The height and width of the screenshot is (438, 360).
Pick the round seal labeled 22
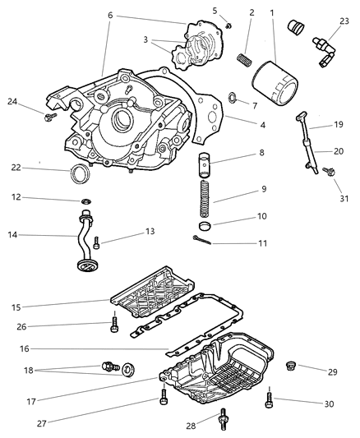(79, 174)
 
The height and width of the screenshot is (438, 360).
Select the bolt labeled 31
(329, 173)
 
